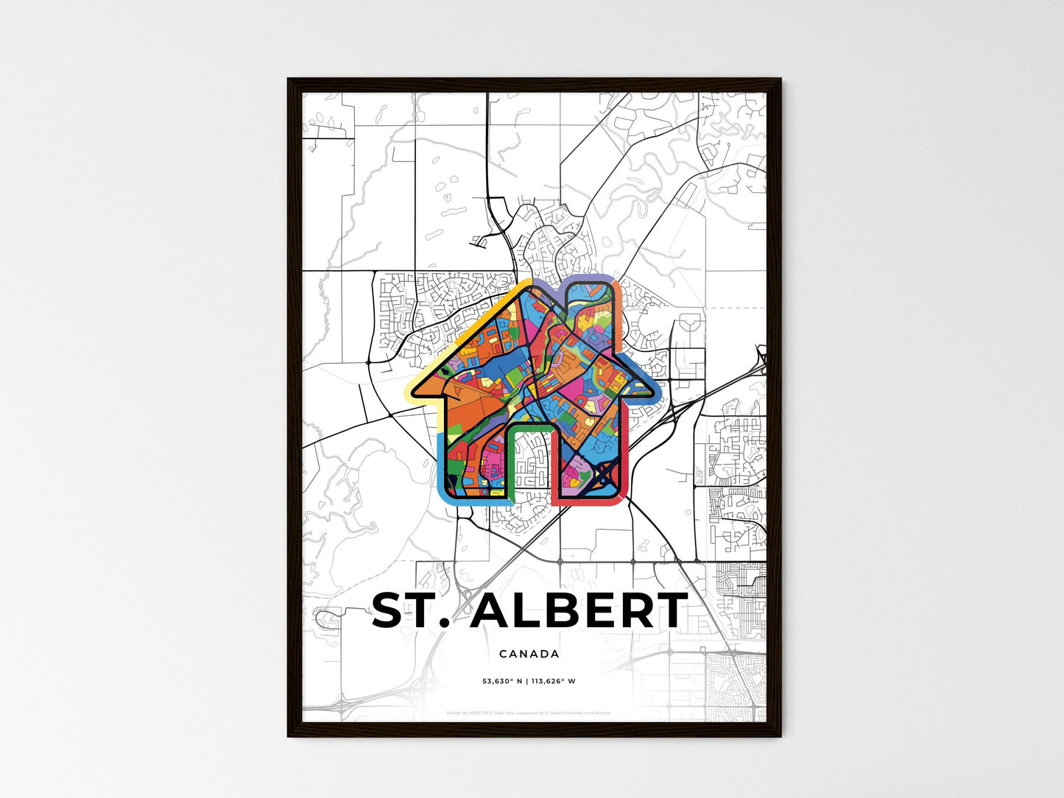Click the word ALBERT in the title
(x=579, y=611)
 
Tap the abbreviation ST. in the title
(x=411, y=611)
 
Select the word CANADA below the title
(x=529, y=654)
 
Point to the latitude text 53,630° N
(x=501, y=681)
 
